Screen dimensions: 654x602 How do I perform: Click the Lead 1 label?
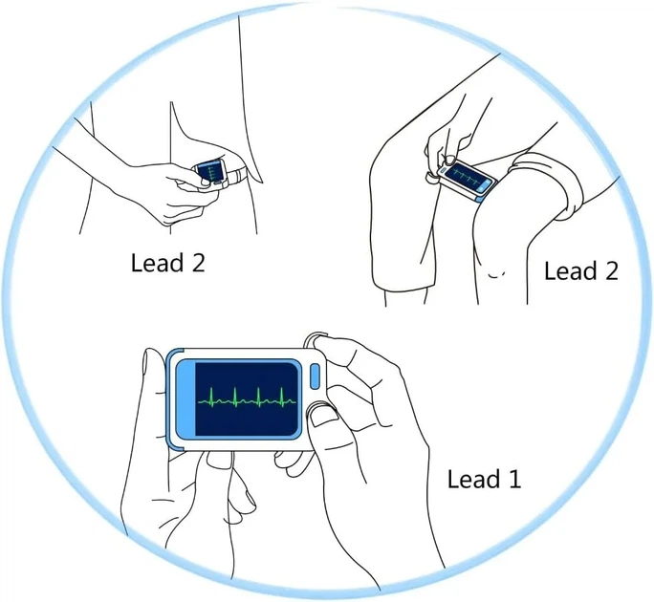click(484, 479)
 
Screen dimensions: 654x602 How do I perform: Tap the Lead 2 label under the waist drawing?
click(167, 263)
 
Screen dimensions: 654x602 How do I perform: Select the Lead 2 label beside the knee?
click(581, 271)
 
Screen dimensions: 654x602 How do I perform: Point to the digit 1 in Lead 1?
click(515, 479)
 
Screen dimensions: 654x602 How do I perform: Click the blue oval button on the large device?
click(315, 376)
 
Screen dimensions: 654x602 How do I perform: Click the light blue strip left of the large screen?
click(186, 399)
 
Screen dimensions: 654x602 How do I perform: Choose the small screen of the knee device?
click(466, 176)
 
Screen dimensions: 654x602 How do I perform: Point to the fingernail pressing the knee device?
click(450, 160)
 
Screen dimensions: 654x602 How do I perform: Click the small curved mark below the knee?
click(496, 275)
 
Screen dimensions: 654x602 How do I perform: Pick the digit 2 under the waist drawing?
click(197, 263)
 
